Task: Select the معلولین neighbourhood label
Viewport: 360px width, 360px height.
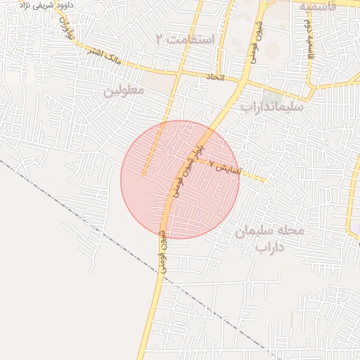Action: pos(124,91)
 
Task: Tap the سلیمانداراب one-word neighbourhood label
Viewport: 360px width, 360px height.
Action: pos(271,107)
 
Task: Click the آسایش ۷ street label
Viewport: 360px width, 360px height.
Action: pos(226,169)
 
